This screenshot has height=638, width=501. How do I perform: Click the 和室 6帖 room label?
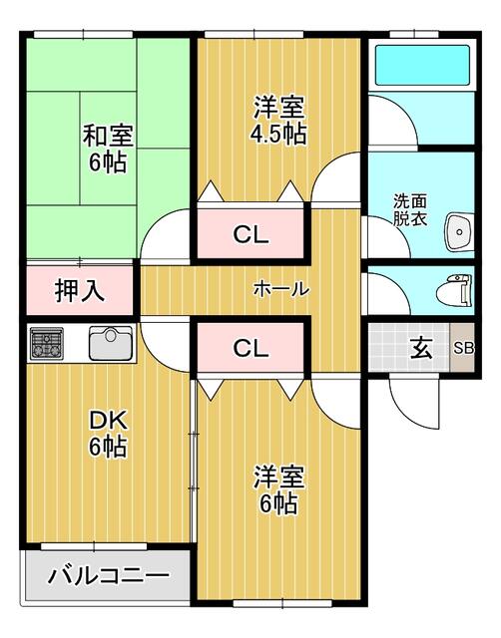pyautogui.click(x=103, y=147)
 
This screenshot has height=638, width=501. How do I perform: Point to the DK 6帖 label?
pyautogui.click(x=107, y=433)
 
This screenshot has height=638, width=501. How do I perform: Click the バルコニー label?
pyautogui.click(x=108, y=575)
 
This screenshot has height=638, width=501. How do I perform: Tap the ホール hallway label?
pyautogui.click(x=280, y=289)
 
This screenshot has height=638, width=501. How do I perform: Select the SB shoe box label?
pyautogui.click(x=463, y=348)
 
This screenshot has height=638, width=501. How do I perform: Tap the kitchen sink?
pyautogui.click(x=111, y=344)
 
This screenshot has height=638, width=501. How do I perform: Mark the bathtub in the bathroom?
pyautogui.click(x=420, y=66)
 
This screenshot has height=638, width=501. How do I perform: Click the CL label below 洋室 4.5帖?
pyautogui.click(x=250, y=235)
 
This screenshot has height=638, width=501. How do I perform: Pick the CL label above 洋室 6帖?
pyautogui.click(x=250, y=348)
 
